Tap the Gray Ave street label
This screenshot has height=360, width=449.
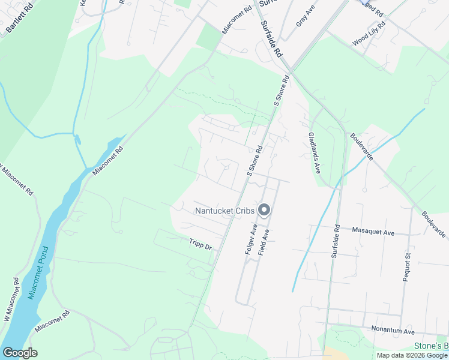(305, 16)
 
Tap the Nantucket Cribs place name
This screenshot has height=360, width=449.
(224, 210)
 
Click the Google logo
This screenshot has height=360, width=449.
(20, 353)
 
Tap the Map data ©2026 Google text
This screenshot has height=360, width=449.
(412, 355)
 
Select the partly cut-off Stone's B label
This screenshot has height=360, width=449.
(431, 346)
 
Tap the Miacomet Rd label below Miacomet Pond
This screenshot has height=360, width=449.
(53, 322)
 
